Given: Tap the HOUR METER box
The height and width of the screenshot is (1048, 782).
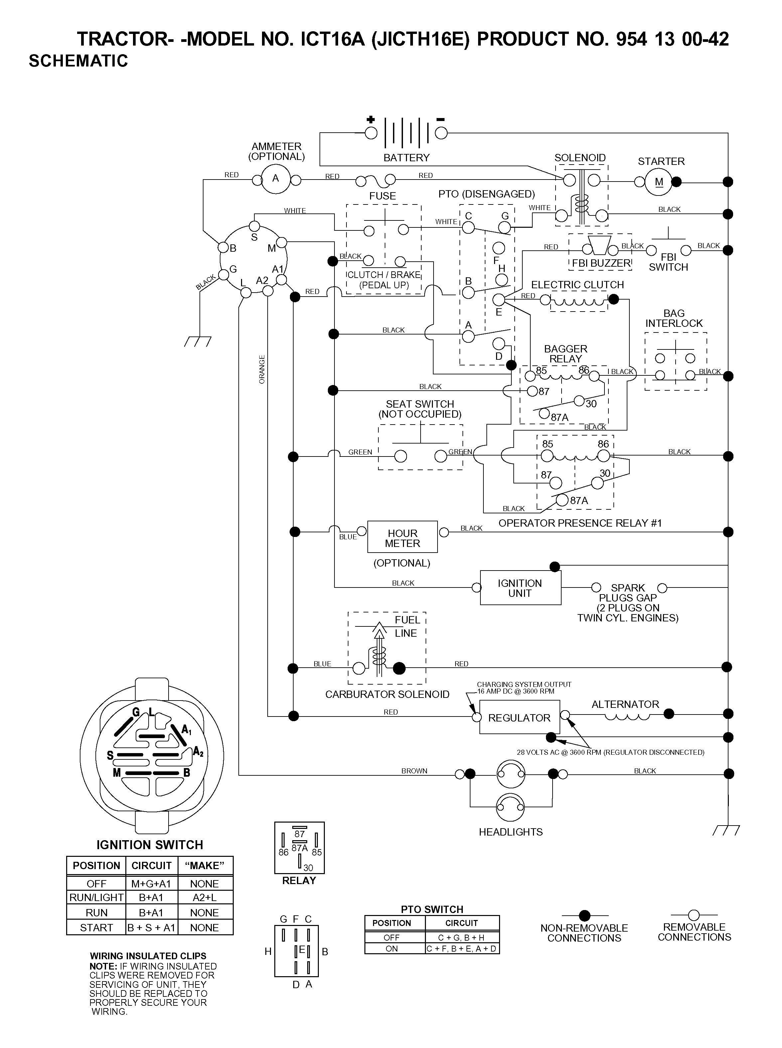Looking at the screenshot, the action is (402, 537).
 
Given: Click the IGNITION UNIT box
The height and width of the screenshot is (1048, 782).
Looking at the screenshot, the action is (520, 588).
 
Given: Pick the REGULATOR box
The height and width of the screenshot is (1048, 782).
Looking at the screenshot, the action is (519, 717).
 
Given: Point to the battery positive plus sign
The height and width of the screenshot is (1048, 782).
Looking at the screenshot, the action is (371, 119).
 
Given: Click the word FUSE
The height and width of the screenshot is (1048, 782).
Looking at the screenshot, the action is (382, 196).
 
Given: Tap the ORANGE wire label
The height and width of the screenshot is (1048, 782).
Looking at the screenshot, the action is (262, 369).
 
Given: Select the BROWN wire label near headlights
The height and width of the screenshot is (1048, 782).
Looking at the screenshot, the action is (414, 771).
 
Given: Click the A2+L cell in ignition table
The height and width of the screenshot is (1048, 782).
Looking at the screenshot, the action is (204, 897).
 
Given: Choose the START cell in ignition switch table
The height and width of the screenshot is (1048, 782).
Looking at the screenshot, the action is (96, 927).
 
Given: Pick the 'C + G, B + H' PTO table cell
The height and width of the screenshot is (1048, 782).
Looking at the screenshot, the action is (461, 937).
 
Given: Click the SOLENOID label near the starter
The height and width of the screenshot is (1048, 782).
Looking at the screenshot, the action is (580, 158).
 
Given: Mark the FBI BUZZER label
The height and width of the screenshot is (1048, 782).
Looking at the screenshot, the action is (601, 263).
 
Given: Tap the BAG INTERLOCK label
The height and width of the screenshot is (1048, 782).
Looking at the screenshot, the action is (674, 318).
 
